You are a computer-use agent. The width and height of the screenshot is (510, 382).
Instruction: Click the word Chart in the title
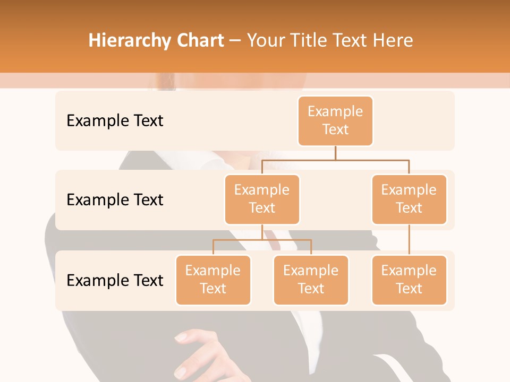pyautogui.click(x=200, y=41)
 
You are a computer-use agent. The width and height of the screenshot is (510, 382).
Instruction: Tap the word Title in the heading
pyautogui.click(x=304, y=41)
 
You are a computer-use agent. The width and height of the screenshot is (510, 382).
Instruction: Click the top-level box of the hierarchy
pyautogui.click(x=335, y=120)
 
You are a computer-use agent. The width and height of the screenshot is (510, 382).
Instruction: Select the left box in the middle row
pyautogui.click(x=262, y=199)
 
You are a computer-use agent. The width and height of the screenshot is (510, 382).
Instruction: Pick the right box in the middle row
pyautogui.click(x=409, y=199)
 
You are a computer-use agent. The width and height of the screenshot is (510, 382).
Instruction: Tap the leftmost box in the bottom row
pyautogui.click(x=213, y=280)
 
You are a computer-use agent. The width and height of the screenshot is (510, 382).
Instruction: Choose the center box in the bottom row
pyautogui.click(x=311, y=280)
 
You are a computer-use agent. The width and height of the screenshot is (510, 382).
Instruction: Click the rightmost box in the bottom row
pyautogui.click(x=409, y=280)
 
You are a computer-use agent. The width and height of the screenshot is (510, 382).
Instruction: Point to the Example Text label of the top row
pyautogui.click(x=115, y=121)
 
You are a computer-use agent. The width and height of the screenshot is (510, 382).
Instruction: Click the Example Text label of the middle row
pyautogui.click(x=115, y=200)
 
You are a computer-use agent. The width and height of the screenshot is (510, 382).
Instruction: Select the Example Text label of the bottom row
pyautogui.click(x=115, y=280)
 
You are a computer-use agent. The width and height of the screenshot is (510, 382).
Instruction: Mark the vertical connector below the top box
pyautogui.click(x=335, y=153)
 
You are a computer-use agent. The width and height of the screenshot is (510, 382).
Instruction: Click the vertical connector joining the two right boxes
pyautogui.click(x=409, y=240)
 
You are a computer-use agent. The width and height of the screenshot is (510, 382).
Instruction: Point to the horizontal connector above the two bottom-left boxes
pyautogui.click(x=262, y=240)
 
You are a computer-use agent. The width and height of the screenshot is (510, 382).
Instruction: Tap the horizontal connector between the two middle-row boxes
pyautogui.click(x=335, y=159)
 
